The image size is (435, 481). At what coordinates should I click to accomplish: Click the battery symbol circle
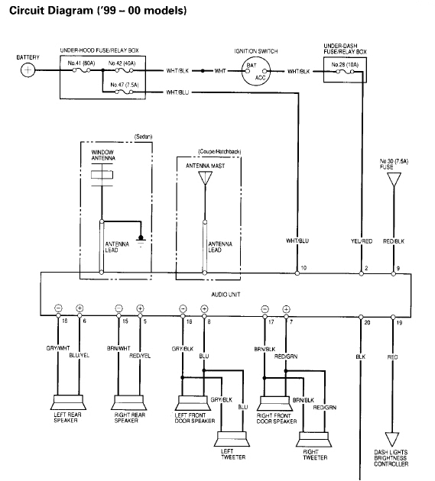28,70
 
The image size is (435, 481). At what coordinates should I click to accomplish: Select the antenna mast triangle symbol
204,179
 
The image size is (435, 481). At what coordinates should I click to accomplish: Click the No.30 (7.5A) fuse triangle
394,180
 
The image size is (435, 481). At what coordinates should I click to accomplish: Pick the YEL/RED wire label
361,241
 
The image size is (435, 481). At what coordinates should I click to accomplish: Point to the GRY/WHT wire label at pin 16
58,348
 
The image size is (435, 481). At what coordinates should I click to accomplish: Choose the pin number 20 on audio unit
366,323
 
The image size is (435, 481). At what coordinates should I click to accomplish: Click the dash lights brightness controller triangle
393,439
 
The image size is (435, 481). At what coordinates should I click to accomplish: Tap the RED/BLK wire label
394,241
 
